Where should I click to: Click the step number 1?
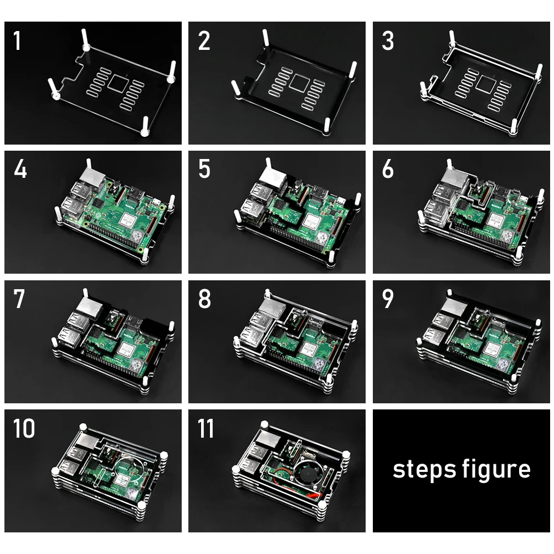tap(17, 41)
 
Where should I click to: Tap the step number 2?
tap(204, 41)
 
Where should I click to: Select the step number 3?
tap(388, 41)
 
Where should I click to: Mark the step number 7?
tap(19, 299)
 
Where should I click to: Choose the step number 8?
tap(204, 299)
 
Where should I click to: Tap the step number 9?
tap(388, 299)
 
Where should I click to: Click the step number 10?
tap(24, 428)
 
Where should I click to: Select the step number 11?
tap(206, 428)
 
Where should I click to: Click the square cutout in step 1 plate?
tap(117, 83)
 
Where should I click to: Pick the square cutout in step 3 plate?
tap(485, 84)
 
